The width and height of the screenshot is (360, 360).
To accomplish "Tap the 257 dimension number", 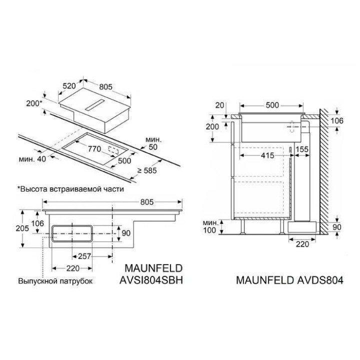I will click(85, 256).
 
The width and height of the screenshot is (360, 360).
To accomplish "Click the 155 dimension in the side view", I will click(301, 149).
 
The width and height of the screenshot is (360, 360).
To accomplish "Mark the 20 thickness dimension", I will click(218, 105).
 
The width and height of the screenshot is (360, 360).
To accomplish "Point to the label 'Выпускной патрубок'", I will click(55, 281).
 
